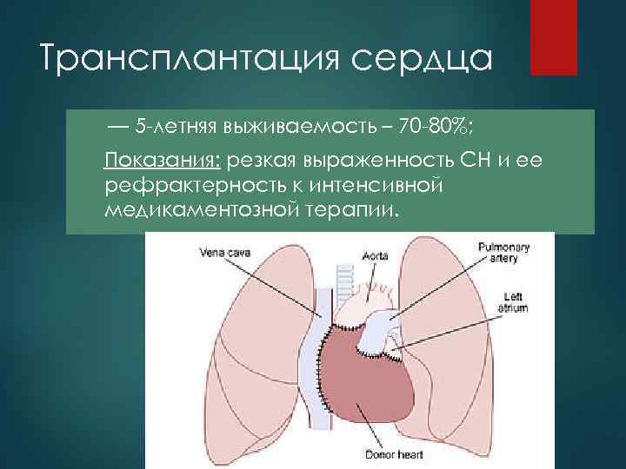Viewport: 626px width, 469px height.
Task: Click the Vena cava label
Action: point(223,253)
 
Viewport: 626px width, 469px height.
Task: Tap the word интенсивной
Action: point(392,185)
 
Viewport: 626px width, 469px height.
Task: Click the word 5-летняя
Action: point(174,129)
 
